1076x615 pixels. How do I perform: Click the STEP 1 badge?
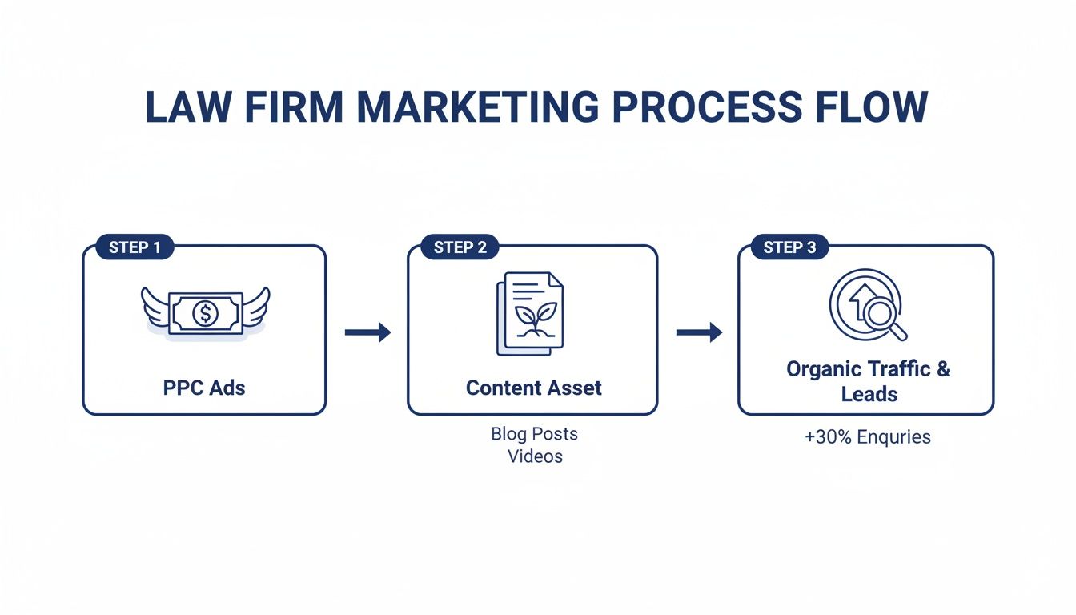pos(134,247)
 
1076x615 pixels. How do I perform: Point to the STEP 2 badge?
pos(460,247)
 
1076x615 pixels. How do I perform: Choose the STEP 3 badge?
pos(789,247)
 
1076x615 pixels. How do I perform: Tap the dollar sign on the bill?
pos(205,313)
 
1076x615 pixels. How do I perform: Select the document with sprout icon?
pos(530,313)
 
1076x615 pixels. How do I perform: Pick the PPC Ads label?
pos(204,388)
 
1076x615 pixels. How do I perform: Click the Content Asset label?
pos(533,388)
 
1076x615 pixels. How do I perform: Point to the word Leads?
pos(869,394)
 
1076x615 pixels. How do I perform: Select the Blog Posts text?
pos(534,434)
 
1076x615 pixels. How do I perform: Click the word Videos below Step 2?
pos(535,456)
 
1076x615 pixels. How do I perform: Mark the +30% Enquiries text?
pos(868,437)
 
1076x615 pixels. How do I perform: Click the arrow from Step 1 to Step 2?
pos(367,332)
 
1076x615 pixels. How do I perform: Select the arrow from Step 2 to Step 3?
pos(699,332)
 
